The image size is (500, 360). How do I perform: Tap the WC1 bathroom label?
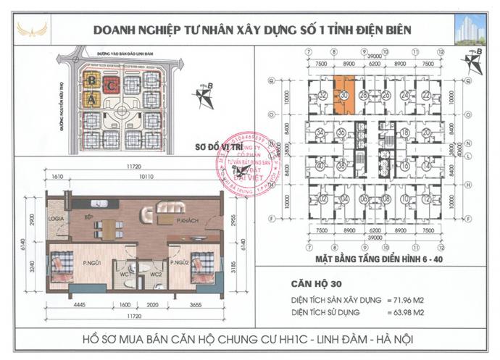tap(124, 275)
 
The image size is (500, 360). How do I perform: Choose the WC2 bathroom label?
tap(154, 275)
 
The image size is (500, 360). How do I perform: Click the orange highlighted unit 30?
tap(345, 96)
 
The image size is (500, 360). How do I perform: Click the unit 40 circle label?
tap(320, 166)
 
